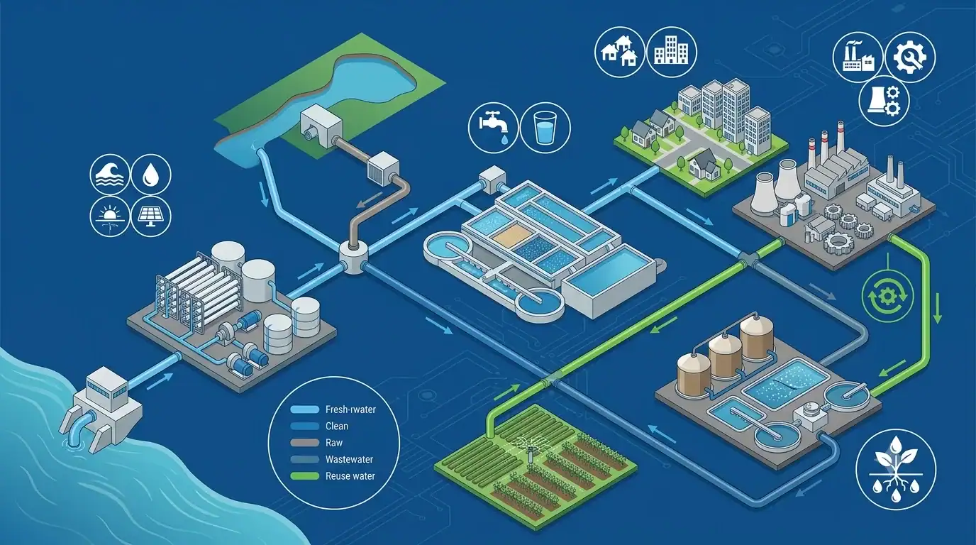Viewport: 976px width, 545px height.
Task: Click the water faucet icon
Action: [x=493, y=127]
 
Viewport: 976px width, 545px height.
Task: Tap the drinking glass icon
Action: [x=545, y=127]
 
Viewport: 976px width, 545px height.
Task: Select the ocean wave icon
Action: [x=110, y=175]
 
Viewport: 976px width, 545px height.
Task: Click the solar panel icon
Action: [x=151, y=216]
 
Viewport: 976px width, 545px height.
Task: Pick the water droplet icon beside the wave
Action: [x=151, y=175]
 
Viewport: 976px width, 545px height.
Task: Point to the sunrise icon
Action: [x=110, y=216]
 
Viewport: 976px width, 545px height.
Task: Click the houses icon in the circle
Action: [x=620, y=53]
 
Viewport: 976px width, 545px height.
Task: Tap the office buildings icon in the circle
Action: [x=672, y=53]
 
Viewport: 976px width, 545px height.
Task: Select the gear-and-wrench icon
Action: [x=910, y=57]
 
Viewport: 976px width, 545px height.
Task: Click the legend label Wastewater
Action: [x=349, y=460]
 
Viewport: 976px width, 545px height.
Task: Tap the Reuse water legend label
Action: [x=350, y=476]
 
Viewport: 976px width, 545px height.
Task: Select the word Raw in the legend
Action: [x=334, y=443]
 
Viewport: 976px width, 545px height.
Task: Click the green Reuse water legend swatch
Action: [x=304, y=476]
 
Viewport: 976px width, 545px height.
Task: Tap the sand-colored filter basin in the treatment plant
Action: [x=509, y=234]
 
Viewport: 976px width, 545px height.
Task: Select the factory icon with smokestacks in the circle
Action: [x=858, y=57]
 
